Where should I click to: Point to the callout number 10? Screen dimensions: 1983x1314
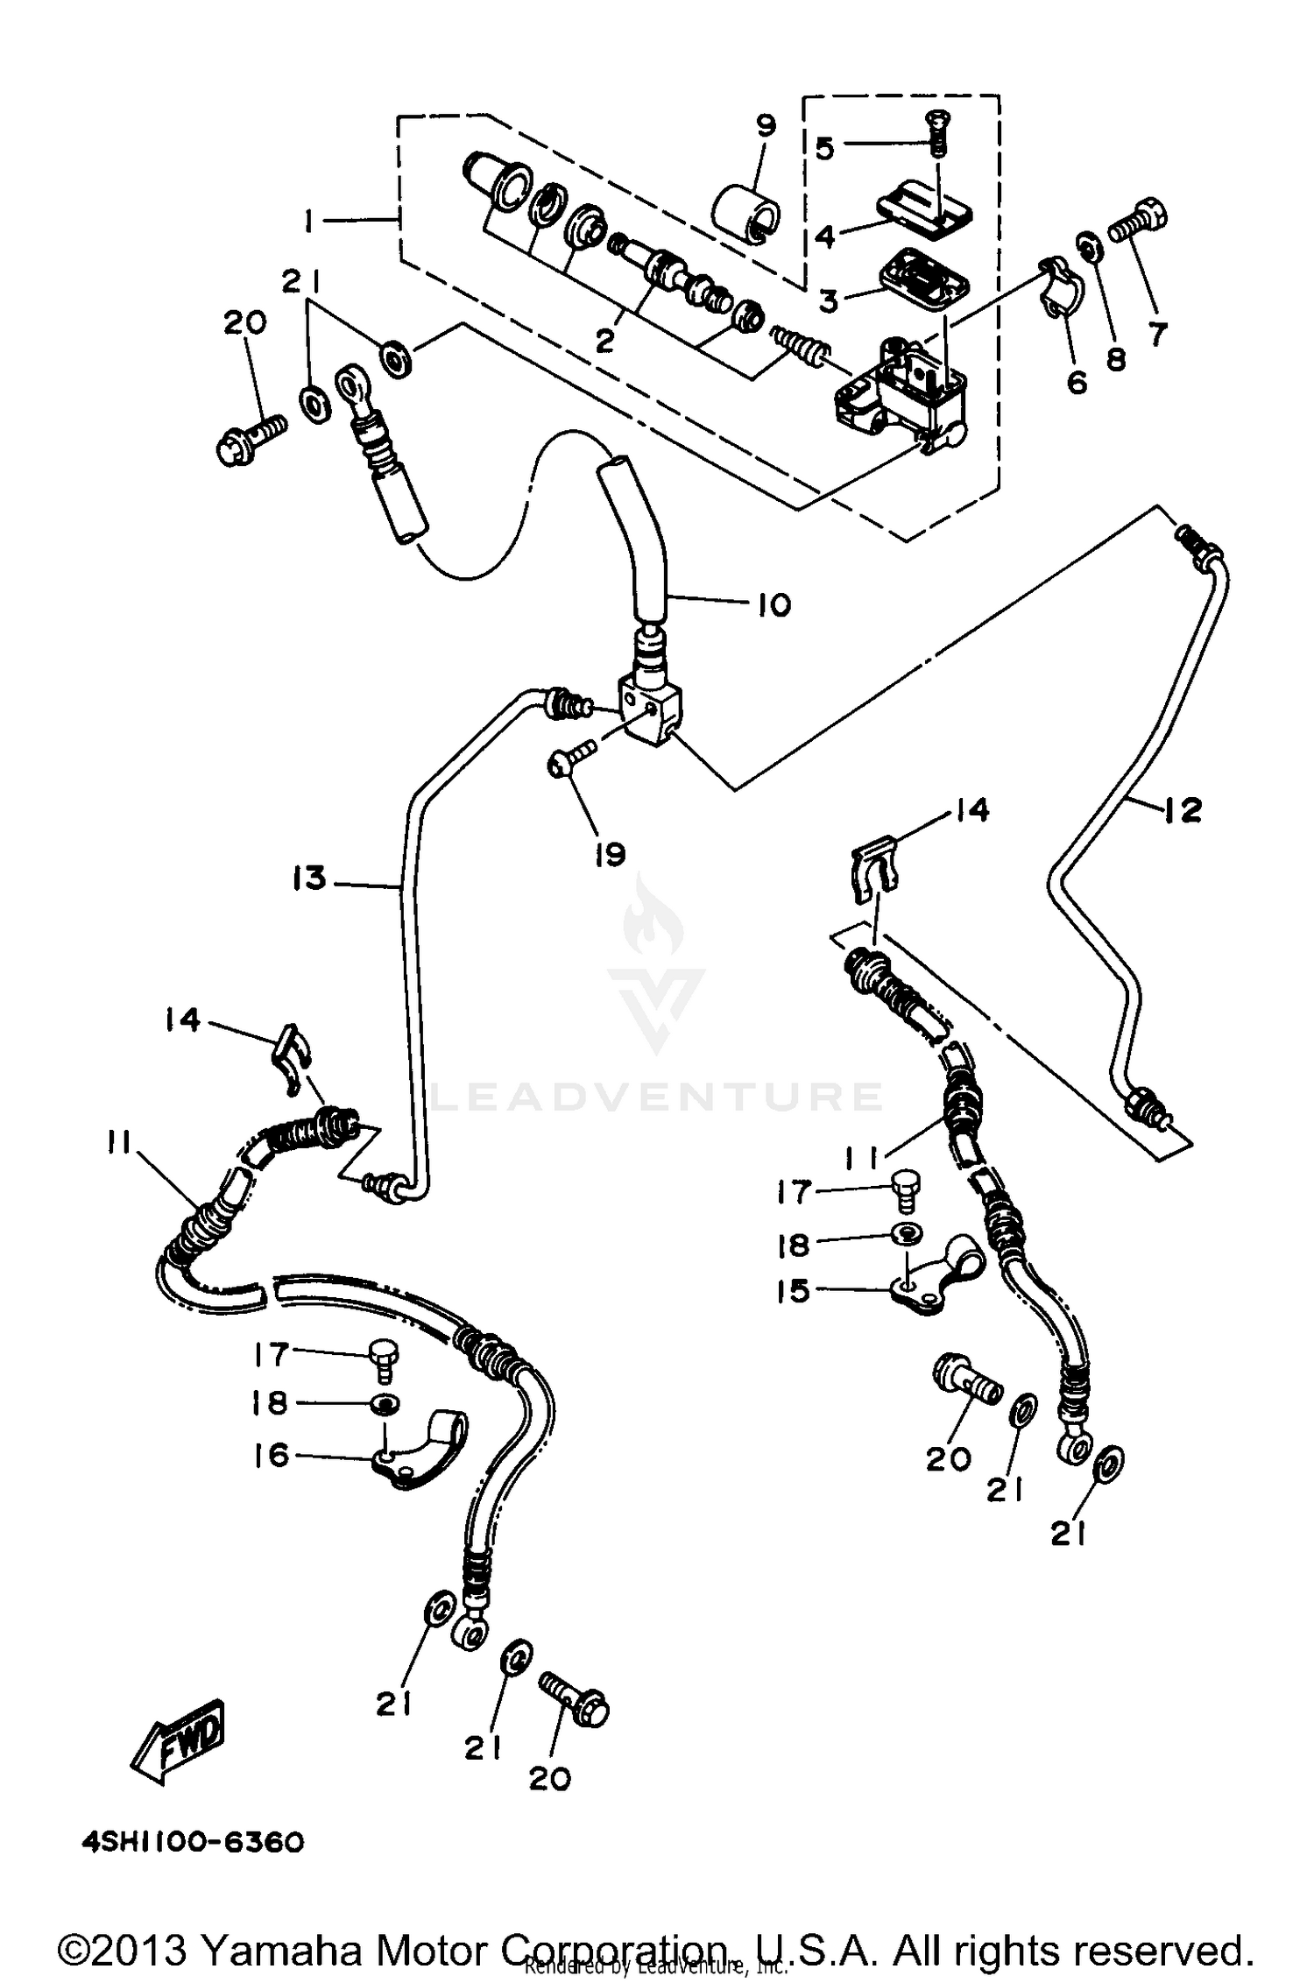coord(773,604)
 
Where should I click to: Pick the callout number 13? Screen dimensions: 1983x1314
coord(308,878)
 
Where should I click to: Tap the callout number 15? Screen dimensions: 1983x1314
coord(794,1290)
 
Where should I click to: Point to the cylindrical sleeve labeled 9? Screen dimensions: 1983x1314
coord(747,212)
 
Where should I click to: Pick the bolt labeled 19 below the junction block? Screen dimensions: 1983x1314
coord(571,754)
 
